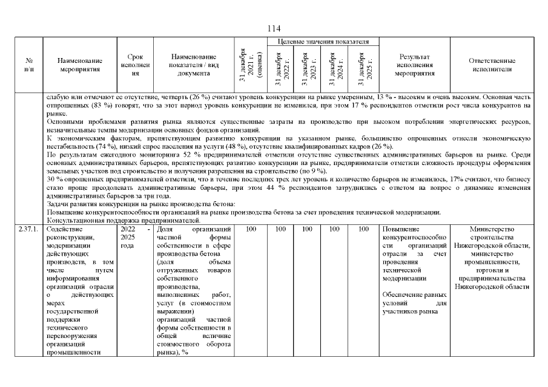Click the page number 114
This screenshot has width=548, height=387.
(x=274, y=28)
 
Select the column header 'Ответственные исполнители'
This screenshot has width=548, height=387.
(x=492, y=65)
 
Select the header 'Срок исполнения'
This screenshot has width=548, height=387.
(x=136, y=65)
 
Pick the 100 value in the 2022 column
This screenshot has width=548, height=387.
(x=280, y=229)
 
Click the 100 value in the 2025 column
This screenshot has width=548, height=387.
(x=363, y=229)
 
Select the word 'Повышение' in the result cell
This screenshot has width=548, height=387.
(x=400, y=229)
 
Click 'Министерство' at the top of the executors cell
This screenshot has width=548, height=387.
(x=491, y=229)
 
